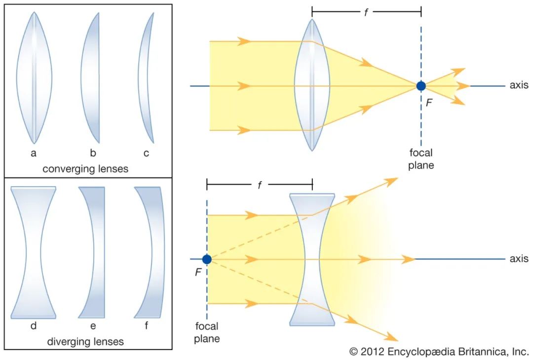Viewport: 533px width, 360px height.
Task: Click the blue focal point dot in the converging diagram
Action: (420, 86)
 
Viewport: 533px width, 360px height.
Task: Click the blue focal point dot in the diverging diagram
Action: (207, 259)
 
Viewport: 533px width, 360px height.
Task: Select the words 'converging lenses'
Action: (85, 169)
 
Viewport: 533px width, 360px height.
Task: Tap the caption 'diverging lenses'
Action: (85, 342)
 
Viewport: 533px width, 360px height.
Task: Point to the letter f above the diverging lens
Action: (260, 186)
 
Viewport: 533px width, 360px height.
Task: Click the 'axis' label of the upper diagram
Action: (519, 85)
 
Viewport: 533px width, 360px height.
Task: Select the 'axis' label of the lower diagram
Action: (519, 259)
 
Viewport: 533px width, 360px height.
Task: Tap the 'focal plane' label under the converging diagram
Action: (421, 159)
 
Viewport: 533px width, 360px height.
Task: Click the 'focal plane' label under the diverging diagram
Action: (207, 332)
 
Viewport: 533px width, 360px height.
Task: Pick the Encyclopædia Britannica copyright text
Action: (439, 352)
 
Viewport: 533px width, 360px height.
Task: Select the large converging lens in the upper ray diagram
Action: (312, 85)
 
